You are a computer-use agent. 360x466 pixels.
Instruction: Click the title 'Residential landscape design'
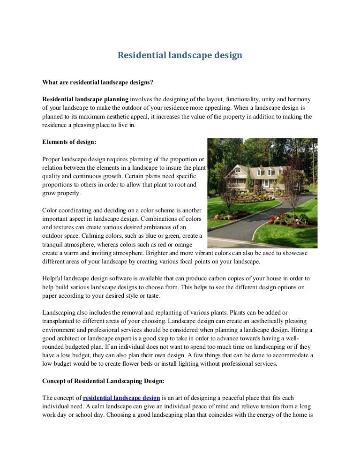pyautogui.click(x=180, y=55)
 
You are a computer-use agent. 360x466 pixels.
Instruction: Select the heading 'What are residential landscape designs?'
pyautogui.click(x=98, y=83)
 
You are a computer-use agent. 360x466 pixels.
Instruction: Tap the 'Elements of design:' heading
pyautogui.click(x=69, y=142)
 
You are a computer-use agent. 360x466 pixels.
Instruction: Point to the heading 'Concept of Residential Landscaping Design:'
pyautogui.click(x=103, y=381)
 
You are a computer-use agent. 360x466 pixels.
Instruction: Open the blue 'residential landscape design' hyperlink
pyautogui.click(x=121, y=398)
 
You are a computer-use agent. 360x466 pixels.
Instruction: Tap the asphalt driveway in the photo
pyautogui.click(x=262, y=220)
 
